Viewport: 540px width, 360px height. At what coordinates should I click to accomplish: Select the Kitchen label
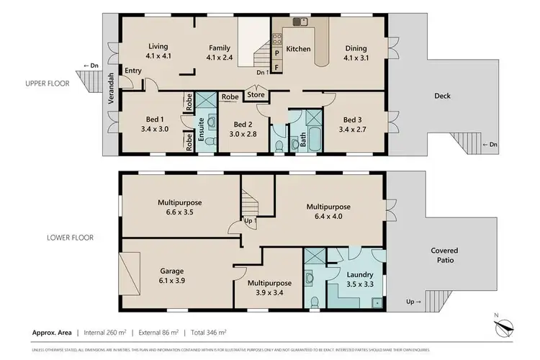click(x=298, y=49)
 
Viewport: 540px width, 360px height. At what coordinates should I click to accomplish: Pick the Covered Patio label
click(x=444, y=255)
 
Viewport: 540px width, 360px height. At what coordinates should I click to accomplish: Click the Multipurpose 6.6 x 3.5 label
click(x=181, y=208)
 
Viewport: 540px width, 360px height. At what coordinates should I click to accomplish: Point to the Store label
click(x=256, y=94)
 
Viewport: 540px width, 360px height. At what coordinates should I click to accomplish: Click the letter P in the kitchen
click(x=277, y=53)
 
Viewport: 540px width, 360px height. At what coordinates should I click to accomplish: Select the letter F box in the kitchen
click(x=277, y=68)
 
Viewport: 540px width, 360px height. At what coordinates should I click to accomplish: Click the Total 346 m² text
click(x=209, y=333)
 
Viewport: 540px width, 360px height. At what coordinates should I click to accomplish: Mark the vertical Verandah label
click(x=112, y=89)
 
